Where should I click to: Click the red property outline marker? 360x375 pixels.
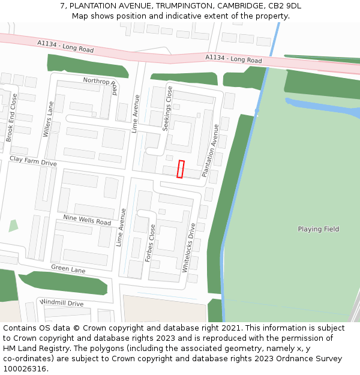181,169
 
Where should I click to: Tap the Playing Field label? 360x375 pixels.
318,229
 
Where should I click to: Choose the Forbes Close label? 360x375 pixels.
151,244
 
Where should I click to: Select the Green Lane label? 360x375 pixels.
68,269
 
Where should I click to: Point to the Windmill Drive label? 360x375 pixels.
62,303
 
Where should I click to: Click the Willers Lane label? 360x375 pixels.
48,119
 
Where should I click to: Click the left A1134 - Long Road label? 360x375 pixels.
65,46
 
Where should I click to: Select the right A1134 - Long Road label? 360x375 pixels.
233,59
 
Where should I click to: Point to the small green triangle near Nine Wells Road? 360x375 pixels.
13,226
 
